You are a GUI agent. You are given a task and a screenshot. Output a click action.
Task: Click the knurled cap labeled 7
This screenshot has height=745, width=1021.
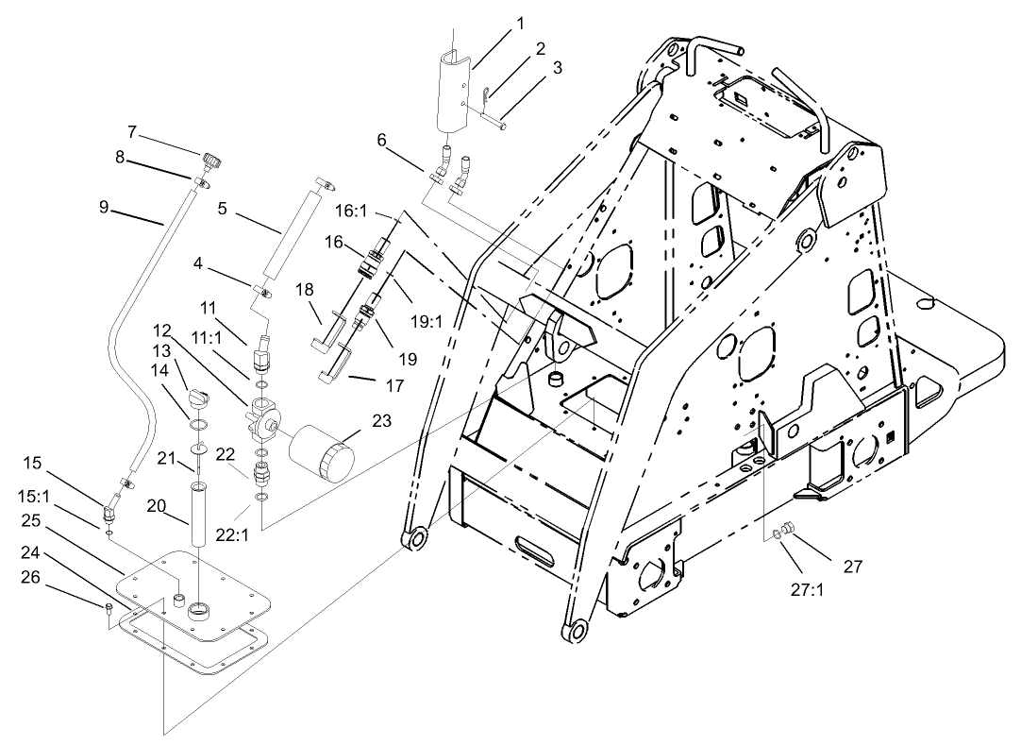[210, 158]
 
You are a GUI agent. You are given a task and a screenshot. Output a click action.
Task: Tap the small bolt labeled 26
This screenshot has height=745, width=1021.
[110, 608]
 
